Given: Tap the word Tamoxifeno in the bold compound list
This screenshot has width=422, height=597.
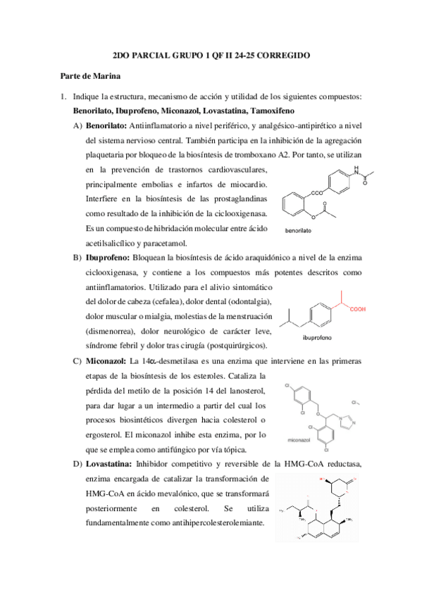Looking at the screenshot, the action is click(269, 111).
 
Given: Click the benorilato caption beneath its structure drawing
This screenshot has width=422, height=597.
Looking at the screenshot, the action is click(298, 230).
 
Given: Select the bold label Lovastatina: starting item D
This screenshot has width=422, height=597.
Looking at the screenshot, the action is click(109, 465).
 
